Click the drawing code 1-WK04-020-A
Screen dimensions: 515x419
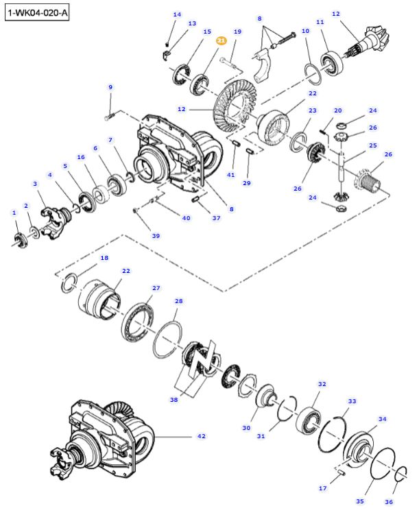pos(38,13)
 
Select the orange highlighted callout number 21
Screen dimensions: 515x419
pos(222,41)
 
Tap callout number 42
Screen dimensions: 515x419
pos(201,436)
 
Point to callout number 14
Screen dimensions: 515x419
pos(177,14)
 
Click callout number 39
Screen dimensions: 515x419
pos(156,236)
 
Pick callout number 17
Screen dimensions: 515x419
pos(322,488)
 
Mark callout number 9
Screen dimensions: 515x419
pos(110,87)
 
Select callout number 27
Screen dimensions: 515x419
pos(156,288)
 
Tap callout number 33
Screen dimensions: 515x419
pos(352,401)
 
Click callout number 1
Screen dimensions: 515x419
pos(14,213)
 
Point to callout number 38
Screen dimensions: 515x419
pos(173,398)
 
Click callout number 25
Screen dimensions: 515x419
pos(373,145)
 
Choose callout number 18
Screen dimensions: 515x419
pos(104,258)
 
